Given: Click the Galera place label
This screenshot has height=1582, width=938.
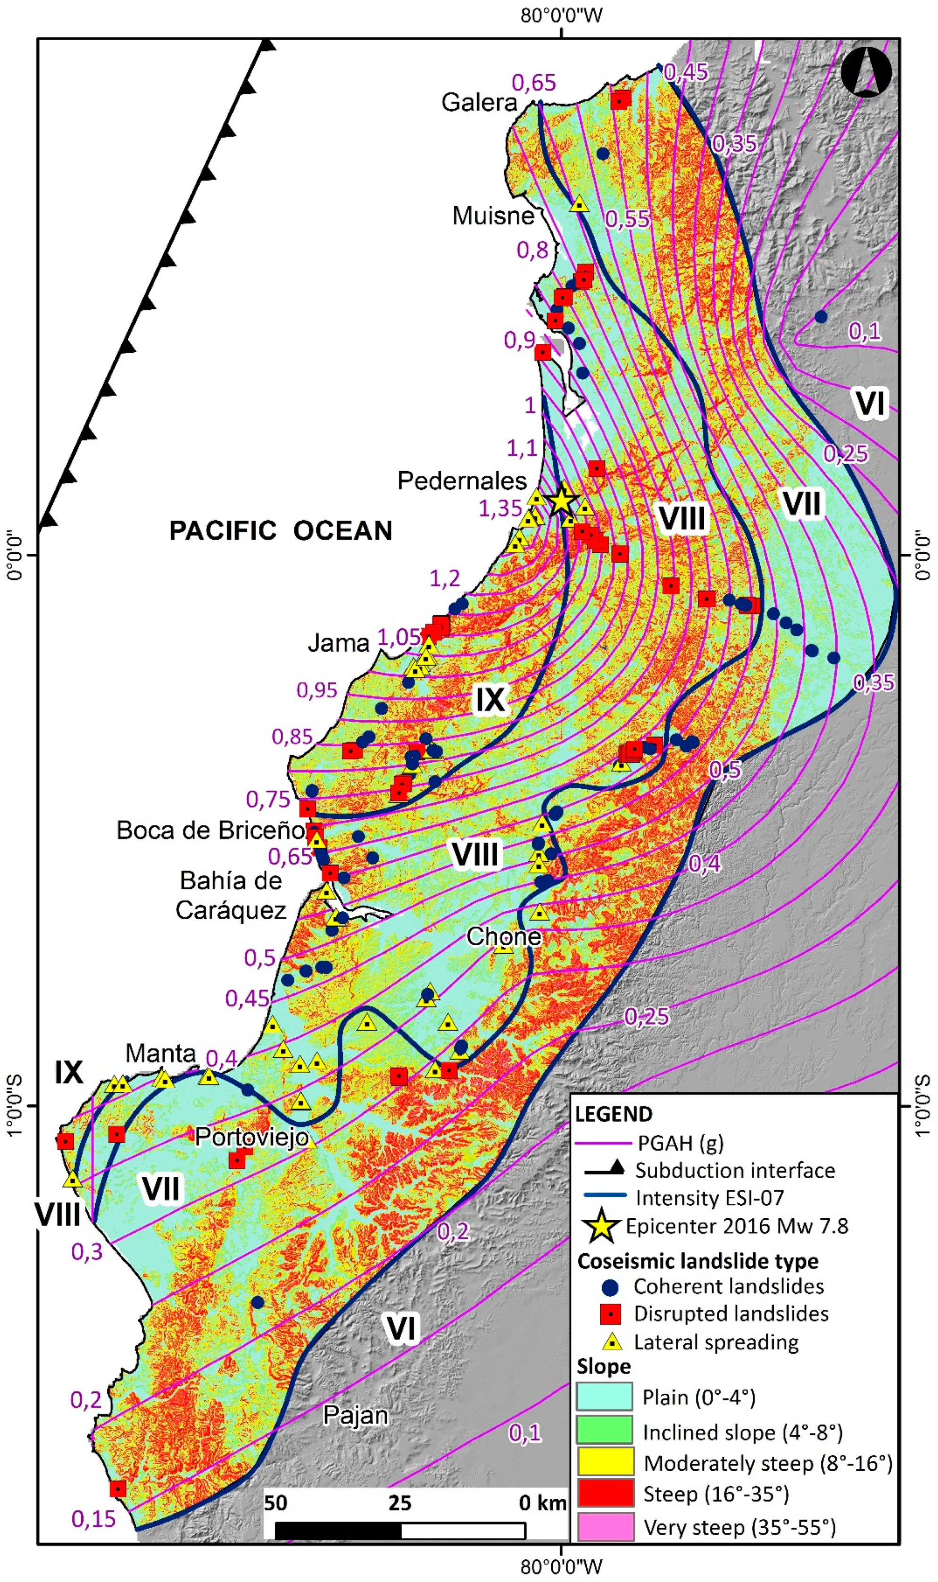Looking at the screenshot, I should pyautogui.click(x=479, y=102).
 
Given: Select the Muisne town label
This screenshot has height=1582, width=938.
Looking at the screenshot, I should pyautogui.click(x=493, y=216).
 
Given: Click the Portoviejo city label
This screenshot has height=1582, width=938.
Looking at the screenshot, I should pyautogui.click(x=251, y=1138).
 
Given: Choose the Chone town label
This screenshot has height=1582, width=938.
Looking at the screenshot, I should pyautogui.click(x=504, y=937).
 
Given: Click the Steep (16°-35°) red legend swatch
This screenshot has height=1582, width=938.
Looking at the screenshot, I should pyautogui.click(x=605, y=1493).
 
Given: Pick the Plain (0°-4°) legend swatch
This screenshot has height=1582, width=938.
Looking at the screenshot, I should pyautogui.click(x=605, y=1396).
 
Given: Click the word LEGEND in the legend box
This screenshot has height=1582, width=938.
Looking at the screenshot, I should pyautogui.click(x=613, y=1114).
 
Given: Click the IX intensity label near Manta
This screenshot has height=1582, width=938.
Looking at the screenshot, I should pyautogui.click(x=68, y=1073).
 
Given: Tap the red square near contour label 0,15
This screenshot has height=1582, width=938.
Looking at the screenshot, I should pyautogui.click(x=117, y=1489).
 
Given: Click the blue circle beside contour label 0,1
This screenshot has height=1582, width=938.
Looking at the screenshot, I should pyautogui.click(x=821, y=316).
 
